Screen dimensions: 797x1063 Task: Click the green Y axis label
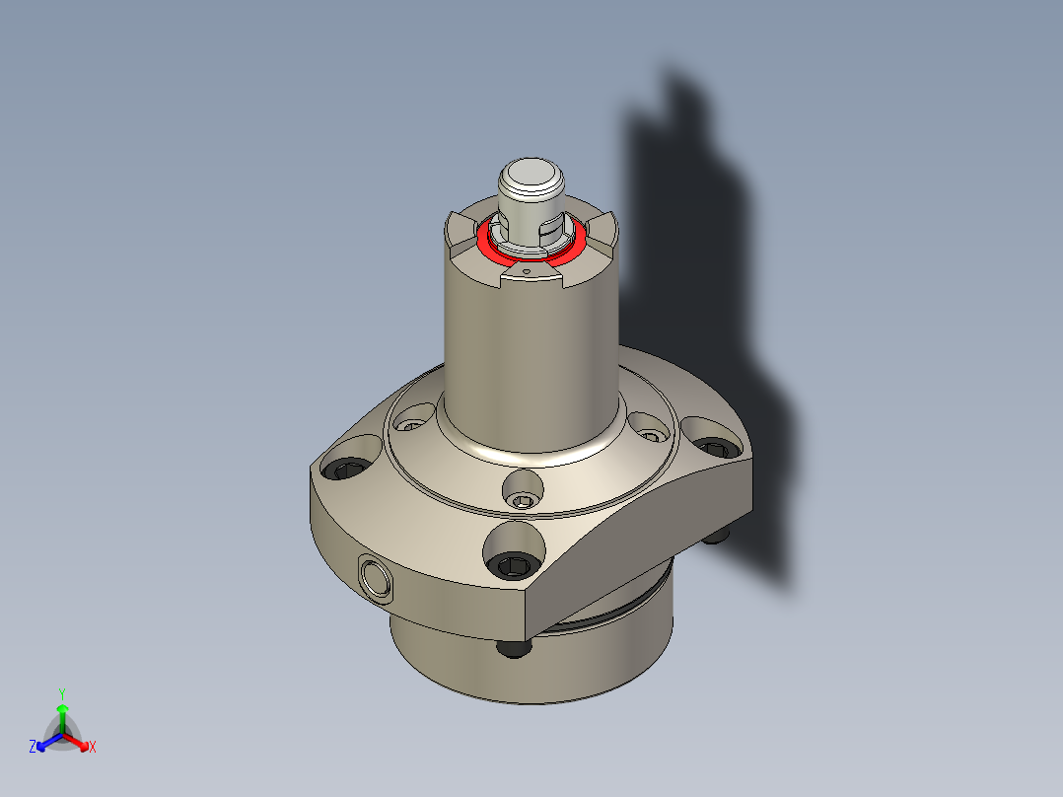pos(62,693)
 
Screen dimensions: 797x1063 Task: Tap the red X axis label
pos(93,748)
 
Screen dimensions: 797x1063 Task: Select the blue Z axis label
pos(33,748)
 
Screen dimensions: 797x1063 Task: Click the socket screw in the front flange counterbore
pos(516,565)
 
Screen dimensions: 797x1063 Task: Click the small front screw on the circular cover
pos(522,501)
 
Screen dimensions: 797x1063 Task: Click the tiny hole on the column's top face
pos(527,269)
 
